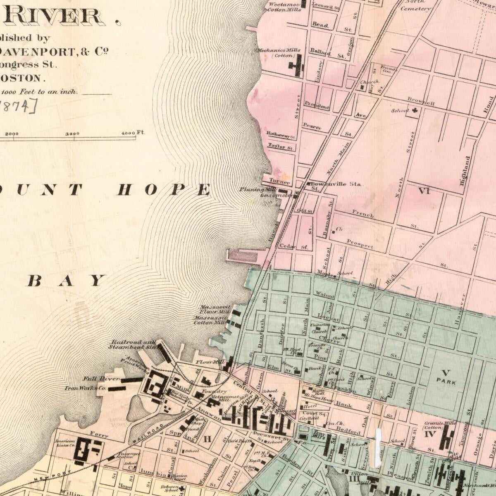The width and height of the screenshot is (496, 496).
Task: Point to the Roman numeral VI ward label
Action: tap(424, 191)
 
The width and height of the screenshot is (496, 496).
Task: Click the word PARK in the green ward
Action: tap(446, 382)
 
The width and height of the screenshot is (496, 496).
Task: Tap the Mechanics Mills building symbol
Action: tap(297, 65)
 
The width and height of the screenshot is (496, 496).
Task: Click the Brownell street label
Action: tap(421, 100)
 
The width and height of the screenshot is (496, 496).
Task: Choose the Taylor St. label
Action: tap(281, 146)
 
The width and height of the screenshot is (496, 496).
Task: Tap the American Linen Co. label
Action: tap(65, 444)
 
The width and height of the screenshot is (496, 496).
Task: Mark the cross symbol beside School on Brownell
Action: tap(414, 111)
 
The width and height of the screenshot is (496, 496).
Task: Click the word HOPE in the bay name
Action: tap(164, 190)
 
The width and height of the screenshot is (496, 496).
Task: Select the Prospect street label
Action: tap(360, 243)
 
